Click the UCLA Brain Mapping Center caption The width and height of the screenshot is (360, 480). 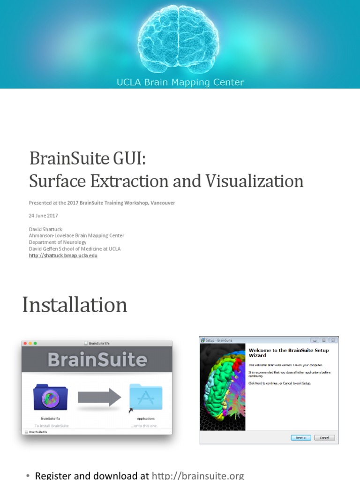tap(180, 82)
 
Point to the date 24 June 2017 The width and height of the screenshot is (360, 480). tap(44, 216)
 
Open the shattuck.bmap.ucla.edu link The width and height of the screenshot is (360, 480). tap(63, 256)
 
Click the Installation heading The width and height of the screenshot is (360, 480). tap(75, 305)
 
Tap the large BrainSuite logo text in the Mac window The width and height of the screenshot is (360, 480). tap(97, 360)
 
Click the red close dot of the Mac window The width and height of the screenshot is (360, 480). tap(25, 343)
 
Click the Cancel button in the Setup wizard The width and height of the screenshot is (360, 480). tap(324, 438)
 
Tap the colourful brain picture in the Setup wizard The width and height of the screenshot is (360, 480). tap(223, 387)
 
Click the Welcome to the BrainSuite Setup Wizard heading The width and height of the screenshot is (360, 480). tap(288, 352)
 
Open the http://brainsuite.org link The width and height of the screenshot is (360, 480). tap(198, 475)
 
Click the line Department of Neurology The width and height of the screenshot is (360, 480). tap(58, 242)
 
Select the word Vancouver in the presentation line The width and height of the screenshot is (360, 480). tap(162, 203)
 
